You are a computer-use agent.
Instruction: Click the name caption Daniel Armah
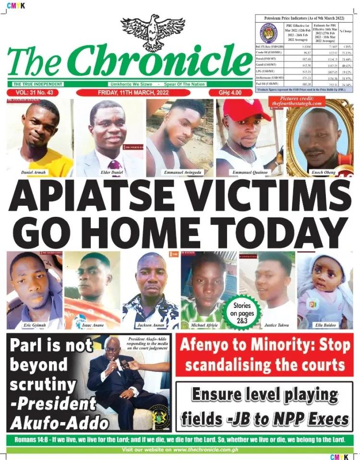point(34,171)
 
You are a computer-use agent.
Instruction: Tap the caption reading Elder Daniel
point(108,171)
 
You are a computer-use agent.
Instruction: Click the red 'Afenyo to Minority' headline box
point(264,355)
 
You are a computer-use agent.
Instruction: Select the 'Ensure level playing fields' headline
point(264,406)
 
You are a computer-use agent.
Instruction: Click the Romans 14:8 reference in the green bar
point(30,439)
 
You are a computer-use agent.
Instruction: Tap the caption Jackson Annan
point(150,325)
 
